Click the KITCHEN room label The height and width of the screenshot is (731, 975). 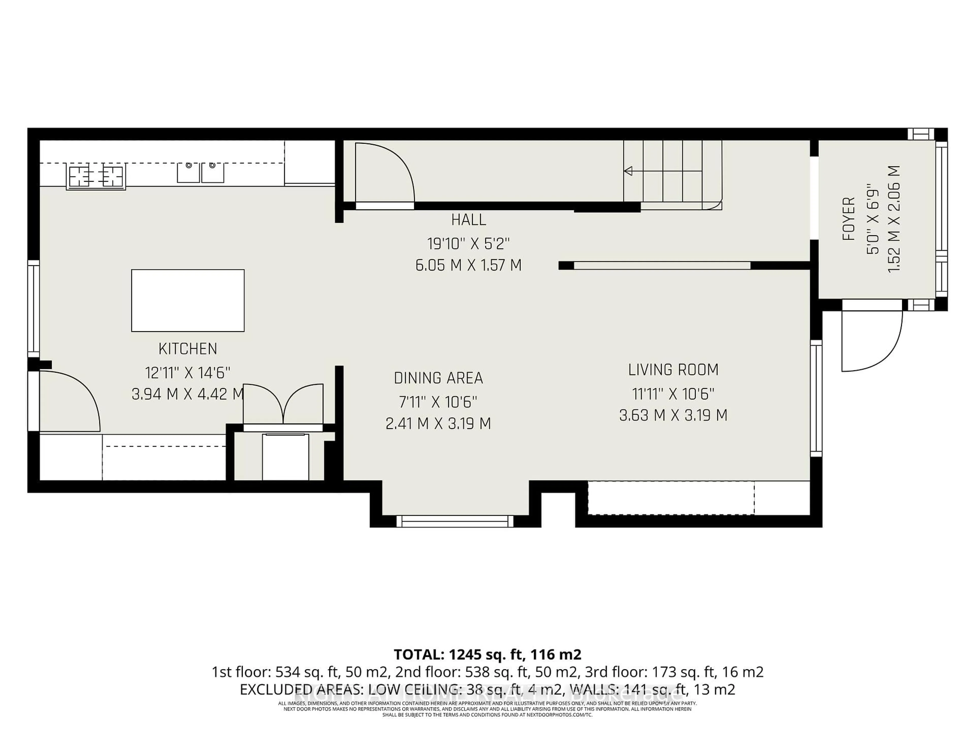[188, 349]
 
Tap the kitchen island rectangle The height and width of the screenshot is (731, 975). [188, 301]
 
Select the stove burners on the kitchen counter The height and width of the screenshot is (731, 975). [96, 176]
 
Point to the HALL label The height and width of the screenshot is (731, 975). [468, 220]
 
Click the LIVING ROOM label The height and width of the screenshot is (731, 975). [673, 370]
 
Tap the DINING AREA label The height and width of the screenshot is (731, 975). [438, 378]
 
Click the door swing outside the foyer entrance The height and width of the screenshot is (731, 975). [871, 341]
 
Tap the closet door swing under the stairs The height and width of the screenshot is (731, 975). [384, 174]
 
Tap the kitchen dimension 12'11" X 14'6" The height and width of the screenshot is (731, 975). [188, 373]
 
